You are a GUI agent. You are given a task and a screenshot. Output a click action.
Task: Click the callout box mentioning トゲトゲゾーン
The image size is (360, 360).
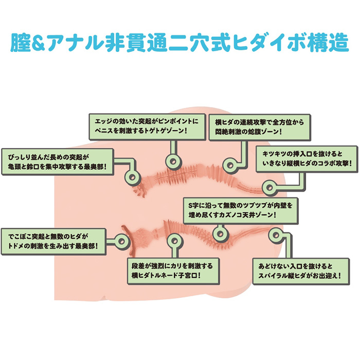coord(143,127)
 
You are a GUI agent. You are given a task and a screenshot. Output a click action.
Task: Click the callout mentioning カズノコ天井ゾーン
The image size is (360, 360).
coord(239,210)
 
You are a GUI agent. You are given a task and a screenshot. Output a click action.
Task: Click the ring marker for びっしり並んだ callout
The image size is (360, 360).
coord(133,177)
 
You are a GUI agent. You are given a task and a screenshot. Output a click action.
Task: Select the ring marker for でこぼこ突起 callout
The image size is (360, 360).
coord(122,241)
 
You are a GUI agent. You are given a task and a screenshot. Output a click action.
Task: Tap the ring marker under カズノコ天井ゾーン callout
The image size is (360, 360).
coord(220,234)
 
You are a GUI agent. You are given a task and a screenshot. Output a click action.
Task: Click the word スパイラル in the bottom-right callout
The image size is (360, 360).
coord(282,277)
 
